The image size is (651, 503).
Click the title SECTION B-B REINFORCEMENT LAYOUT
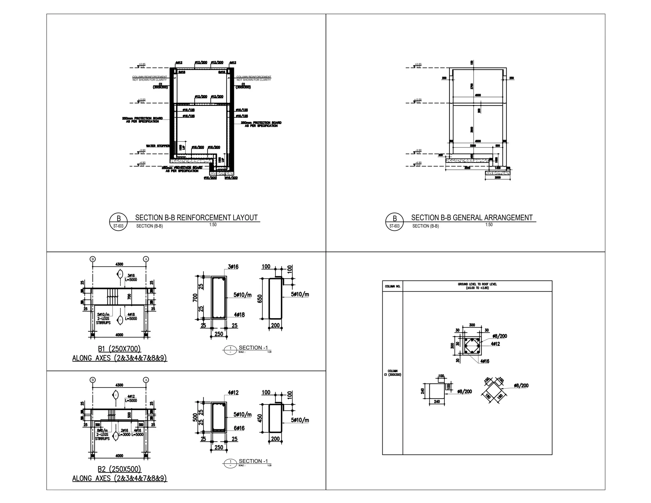click(196, 218)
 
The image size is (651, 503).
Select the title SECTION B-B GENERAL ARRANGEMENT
click(472, 218)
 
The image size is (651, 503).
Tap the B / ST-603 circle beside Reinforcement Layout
click(118, 222)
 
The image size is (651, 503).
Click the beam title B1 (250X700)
click(119, 349)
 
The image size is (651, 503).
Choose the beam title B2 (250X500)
click(119, 469)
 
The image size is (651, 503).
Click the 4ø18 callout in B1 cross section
click(239, 315)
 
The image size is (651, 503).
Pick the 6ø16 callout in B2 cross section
click(239, 428)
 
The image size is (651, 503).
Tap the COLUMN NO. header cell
click(393, 286)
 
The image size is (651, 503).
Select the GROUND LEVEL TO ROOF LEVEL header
click(477, 286)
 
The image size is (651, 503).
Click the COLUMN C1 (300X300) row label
click(393, 373)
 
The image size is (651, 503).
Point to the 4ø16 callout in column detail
click(485, 361)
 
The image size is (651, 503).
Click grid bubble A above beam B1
click(146, 259)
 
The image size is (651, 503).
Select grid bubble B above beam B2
click(93, 380)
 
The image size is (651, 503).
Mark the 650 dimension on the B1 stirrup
click(260, 299)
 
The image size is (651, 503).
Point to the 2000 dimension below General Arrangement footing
click(498, 178)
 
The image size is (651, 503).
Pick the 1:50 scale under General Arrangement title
click(489, 225)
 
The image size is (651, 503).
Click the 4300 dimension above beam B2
click(119, 385)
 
